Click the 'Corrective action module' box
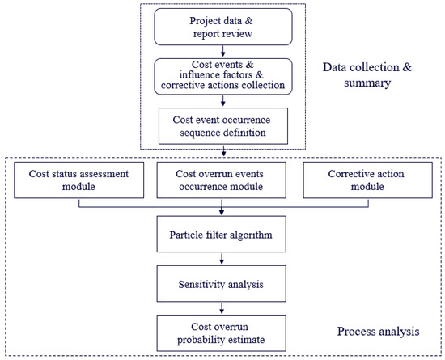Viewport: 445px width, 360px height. tap(365, 179)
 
